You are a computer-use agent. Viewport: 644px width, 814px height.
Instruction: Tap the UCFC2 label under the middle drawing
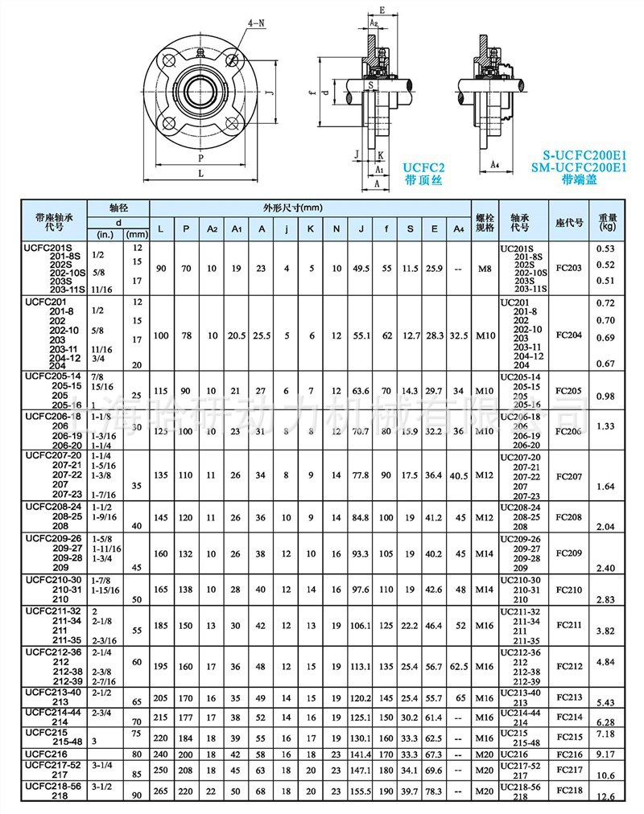tap(423, 167)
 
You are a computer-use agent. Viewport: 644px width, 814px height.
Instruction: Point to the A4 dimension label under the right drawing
tap(496, 164)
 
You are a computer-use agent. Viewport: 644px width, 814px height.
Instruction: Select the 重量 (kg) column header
tap(607, 221)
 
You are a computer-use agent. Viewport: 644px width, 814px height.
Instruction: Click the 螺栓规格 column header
tap(485, 221)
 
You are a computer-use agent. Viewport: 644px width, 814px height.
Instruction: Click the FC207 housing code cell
tap(568, 475)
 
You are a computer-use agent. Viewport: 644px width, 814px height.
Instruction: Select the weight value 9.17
tap(607, 754)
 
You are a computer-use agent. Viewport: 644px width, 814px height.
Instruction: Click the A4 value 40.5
tap(459, 475)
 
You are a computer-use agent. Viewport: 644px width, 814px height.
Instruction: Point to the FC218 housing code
tap(568, 792)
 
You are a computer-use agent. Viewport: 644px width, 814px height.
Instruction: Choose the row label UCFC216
tap(47, 754)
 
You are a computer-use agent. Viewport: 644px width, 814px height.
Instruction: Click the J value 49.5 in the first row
tap(361, 267)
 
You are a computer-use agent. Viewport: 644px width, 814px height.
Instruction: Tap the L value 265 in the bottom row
tap(163, 792)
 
